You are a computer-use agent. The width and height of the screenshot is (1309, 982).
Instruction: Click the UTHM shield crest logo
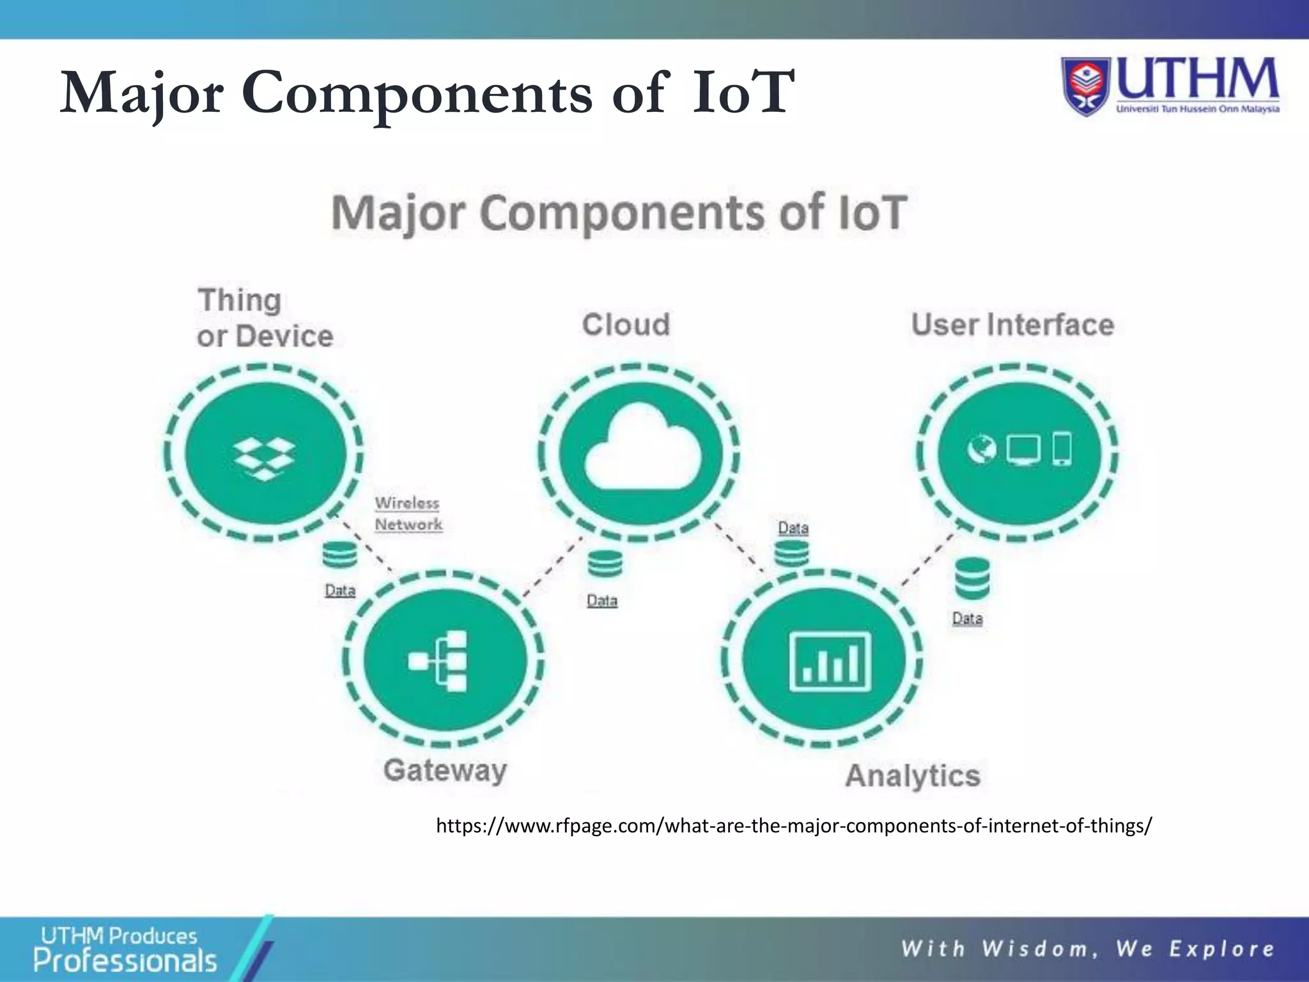point(1087,87)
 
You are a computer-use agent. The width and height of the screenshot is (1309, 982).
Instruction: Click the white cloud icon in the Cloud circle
point(642,448)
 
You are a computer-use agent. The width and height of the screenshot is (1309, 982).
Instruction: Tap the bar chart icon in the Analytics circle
point(830,661)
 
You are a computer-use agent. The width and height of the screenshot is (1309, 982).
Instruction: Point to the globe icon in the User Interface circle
point(981,449)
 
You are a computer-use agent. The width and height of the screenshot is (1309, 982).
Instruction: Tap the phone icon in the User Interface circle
point(1062,449)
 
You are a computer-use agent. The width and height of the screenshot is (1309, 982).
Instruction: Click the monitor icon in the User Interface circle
point(1023,449)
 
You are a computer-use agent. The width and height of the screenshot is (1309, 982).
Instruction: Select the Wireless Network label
point(408,513)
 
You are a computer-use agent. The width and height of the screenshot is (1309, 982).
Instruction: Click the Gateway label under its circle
point(445,770)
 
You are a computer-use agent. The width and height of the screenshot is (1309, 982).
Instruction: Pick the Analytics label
point(912,775)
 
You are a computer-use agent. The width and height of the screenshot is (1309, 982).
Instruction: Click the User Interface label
point(1012,325)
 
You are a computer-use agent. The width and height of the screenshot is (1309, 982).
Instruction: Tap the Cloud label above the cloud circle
point(626,324)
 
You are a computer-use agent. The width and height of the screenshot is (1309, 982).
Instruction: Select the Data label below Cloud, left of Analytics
point(602,600)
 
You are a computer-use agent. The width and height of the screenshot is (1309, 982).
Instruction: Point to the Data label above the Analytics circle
point(793,528)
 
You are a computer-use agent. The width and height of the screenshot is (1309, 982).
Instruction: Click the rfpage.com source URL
point(793,825)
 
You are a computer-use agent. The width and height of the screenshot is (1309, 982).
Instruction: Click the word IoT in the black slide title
point(743,94)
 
